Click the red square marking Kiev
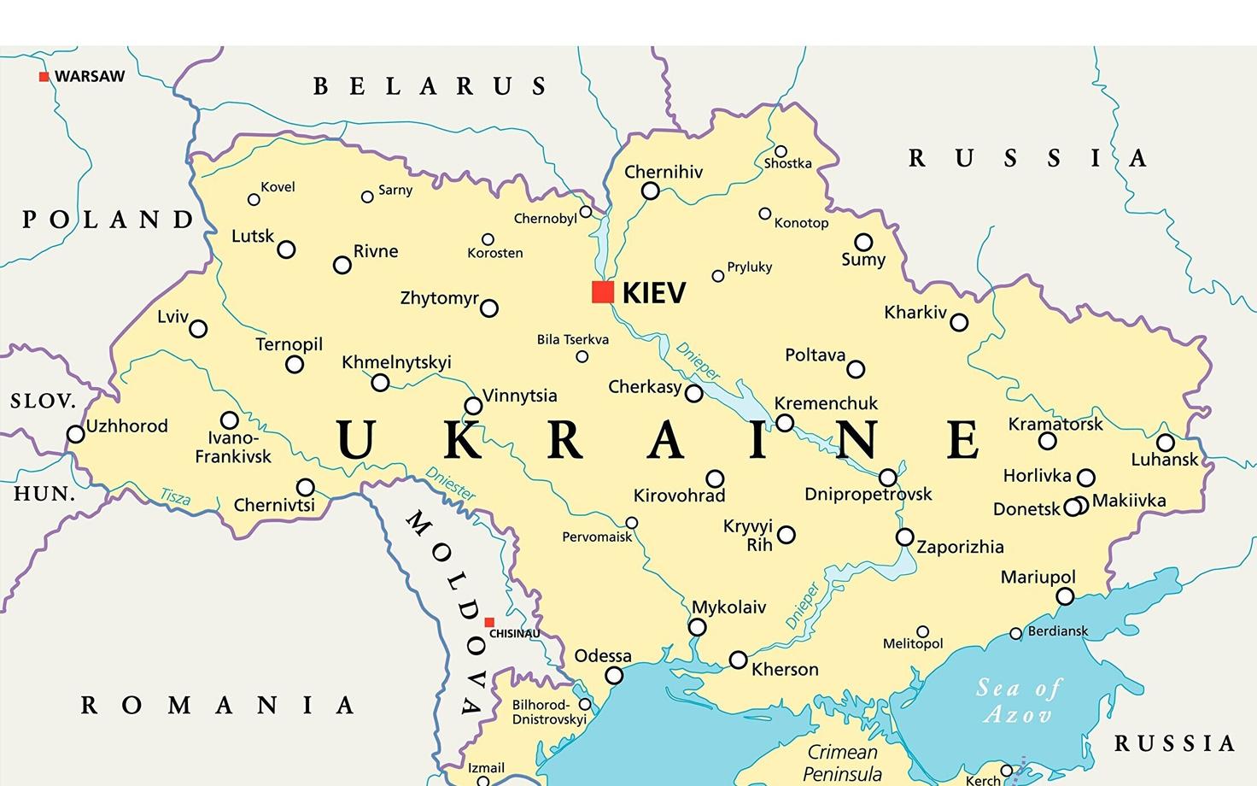click(603, 292)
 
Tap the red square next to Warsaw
click(44, 77)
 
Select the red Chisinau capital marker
click(489, 622)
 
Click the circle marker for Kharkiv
click(959, 322)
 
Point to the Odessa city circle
click(614, 676)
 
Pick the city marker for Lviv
click(198, 329)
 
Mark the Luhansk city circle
click(1166, 443)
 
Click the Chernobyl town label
click(545, 219)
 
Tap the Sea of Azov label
click(1018, 701)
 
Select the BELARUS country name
click(430, 86)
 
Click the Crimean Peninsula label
click(842, 763)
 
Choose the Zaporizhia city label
click(960, 547)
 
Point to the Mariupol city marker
click(1065, 596)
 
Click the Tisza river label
click(175, 496)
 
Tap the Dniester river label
click(450, 484)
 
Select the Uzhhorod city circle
click(76, 434)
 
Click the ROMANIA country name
click(218, 705)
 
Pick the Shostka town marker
click(781, 151)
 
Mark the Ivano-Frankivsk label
click(233, 448)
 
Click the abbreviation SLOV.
click(43, 401)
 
